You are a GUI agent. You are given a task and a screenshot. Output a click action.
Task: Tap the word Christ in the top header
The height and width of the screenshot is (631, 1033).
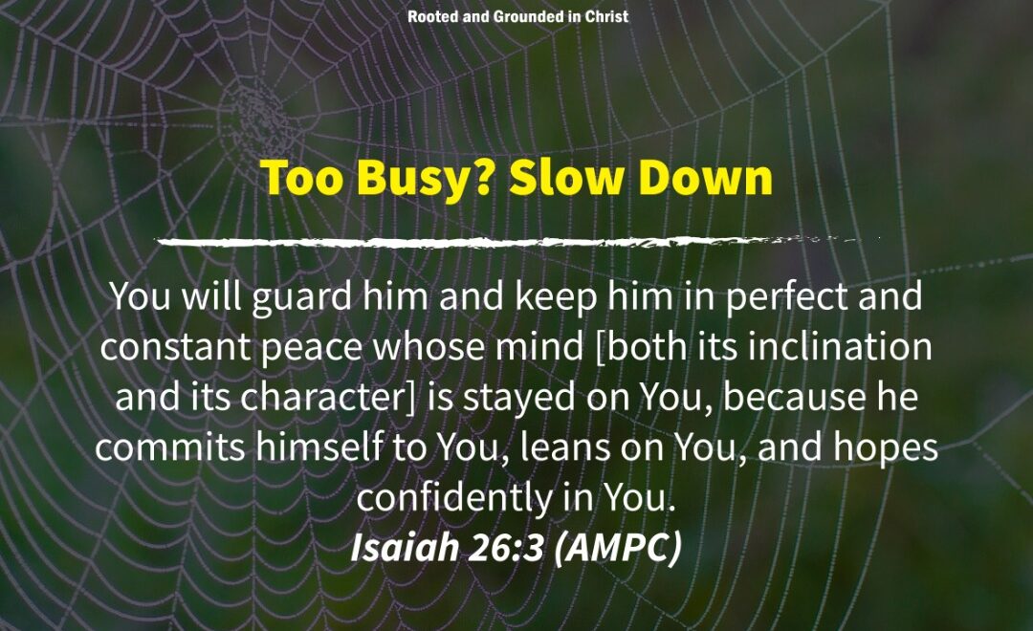606,16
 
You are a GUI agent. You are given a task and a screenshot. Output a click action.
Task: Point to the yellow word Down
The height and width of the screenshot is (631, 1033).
706,179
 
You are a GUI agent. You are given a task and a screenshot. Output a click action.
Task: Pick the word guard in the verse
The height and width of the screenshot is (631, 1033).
301,297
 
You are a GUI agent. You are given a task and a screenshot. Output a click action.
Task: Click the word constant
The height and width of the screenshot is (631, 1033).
176,347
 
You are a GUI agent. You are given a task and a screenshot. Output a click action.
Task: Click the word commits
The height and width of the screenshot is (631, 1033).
170,447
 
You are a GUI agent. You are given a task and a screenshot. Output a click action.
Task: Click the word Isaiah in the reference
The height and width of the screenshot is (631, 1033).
404,548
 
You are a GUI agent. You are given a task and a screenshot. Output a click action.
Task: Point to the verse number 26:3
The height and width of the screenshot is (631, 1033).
505,548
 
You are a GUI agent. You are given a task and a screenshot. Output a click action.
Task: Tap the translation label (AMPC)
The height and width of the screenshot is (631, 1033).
617,548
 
